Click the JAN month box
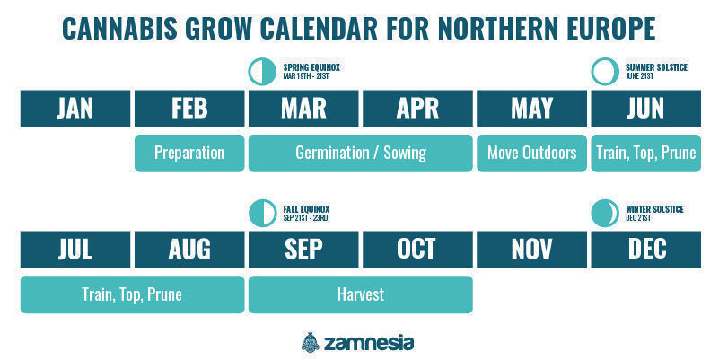[x=75, y=109]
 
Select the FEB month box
[x=189, y=109]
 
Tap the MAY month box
[x=532, y=109]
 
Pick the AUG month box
[x=189, y=249]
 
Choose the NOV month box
[x=532, y=249]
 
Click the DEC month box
[x=646, y=249]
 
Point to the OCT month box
[x=417, y=249]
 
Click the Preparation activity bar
[x=189, y=154]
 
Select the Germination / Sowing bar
[x=361, y=154]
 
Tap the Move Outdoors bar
[x=532, y=154]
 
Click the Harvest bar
[x=361, y=294]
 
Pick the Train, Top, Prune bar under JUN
[x=646, y=154]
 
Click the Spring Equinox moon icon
[x=263, y=72]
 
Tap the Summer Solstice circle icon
[x=605, y=72]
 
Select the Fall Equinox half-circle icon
[x=263, y=214]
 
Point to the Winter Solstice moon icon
[x=605, y=214]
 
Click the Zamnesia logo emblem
[x=311, y=342]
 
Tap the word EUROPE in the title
[x=610, y=28]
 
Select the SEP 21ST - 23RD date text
[x=305, y=218]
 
